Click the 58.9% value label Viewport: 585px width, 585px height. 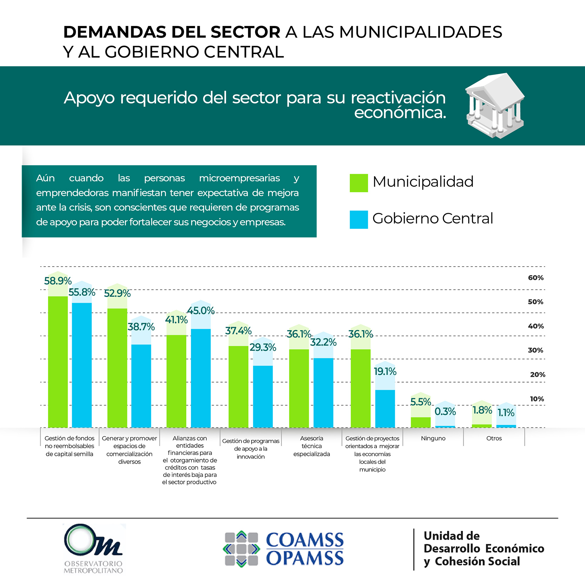(58, 281)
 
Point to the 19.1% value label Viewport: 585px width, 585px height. (385, 371)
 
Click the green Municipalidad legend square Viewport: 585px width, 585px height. (359, 183)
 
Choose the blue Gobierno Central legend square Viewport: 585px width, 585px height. (359, 220)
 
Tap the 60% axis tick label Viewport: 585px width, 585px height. (536, 278)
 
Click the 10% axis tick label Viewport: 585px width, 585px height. (537, 399)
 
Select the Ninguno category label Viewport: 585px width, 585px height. (433, 438)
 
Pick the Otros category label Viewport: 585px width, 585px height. (494, 438)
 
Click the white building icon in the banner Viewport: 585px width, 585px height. (495, 105)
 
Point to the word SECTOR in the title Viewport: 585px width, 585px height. (245, 32)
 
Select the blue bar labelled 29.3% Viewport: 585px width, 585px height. (263, 396)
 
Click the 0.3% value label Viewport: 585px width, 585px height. (445, 411)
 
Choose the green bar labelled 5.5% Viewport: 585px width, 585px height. (420, 422)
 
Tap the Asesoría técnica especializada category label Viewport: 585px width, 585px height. (312, 446)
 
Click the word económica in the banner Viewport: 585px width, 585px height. (400, 113)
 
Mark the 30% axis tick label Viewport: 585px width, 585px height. (536, 350)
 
